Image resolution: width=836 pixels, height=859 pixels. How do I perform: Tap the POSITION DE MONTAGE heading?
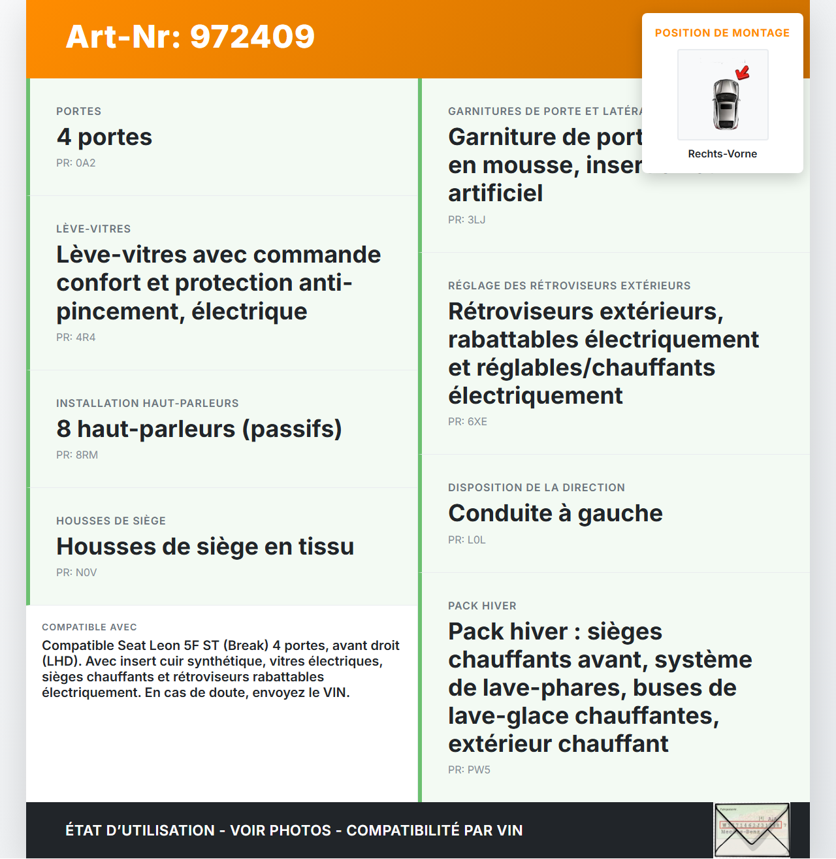coord(722,33)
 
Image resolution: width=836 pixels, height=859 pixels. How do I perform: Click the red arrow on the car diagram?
coord(743,72)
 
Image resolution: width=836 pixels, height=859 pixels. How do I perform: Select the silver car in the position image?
coord(725,104)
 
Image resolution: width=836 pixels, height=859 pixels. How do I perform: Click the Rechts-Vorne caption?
coord(722,154)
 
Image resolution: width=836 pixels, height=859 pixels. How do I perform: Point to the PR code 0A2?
coord(76,163)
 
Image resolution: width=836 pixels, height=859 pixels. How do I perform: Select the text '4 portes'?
coord(104,137)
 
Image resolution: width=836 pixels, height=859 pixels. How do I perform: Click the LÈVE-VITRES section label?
coord(93,229)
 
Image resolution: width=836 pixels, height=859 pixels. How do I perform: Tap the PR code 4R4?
coord(76,337)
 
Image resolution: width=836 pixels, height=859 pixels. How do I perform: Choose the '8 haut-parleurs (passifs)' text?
coord(199,429)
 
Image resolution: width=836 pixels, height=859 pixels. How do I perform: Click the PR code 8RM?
coord(77,455)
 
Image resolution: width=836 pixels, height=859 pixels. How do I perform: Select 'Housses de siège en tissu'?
coord(205,546)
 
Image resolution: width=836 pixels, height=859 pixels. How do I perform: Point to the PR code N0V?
coord(76,572)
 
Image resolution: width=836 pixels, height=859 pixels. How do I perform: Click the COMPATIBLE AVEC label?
coord(89,627)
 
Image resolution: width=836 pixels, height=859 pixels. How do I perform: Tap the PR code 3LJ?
coord(466,219)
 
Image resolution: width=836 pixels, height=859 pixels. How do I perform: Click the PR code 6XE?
coord(468,421)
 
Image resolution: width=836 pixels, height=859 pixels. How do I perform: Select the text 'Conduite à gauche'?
coord(555,513)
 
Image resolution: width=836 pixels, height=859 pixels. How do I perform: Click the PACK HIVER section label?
coord(482,606)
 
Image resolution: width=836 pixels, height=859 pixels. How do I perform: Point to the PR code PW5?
coord(469,770)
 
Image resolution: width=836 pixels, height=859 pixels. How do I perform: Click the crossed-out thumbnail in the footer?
coord(752,830)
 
